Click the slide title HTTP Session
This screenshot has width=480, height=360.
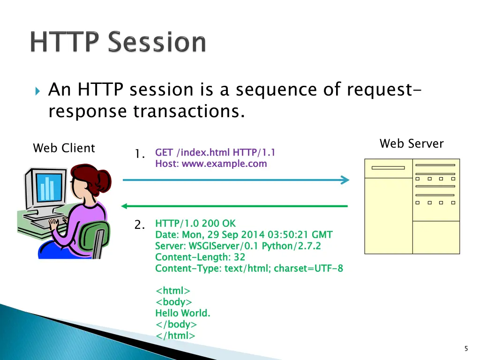point(118,43)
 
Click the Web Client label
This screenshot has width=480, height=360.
point(64,148)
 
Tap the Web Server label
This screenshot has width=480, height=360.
point(411,143)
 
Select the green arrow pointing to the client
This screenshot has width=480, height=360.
point(234,206)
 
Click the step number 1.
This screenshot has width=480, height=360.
point(139,154)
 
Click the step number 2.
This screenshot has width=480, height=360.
point(139,225)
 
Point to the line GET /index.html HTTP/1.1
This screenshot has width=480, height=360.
point(215,152)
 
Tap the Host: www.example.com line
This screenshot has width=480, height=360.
point(211,164)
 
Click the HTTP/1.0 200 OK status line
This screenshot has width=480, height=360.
point(195,224)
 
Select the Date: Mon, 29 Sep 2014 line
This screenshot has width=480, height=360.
point(244,235)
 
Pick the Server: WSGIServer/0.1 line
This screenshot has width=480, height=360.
point(238,246)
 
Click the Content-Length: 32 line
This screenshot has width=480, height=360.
point(200,257)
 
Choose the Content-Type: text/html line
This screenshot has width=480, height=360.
point(249,269)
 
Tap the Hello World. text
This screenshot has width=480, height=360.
point(183,313)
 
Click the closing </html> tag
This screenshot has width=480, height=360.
point(175,336)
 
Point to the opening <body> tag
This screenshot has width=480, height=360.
point(173,302)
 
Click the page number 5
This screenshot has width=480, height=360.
point(466,348)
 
